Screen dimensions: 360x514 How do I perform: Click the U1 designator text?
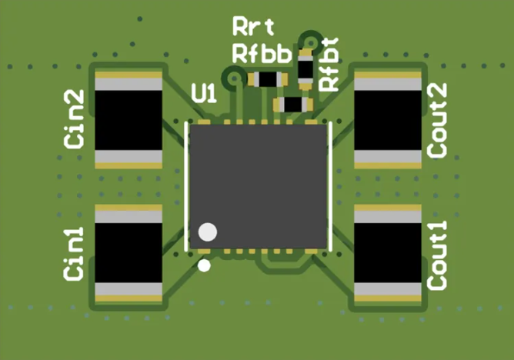point(204,94)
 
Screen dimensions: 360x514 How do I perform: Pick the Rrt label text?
point(252,28)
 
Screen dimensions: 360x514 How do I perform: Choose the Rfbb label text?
point(262,53)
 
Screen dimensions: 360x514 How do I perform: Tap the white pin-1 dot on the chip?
point(208,232)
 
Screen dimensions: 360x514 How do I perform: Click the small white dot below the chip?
point(204,266)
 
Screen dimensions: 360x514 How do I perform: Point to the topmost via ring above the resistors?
point(311,39)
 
